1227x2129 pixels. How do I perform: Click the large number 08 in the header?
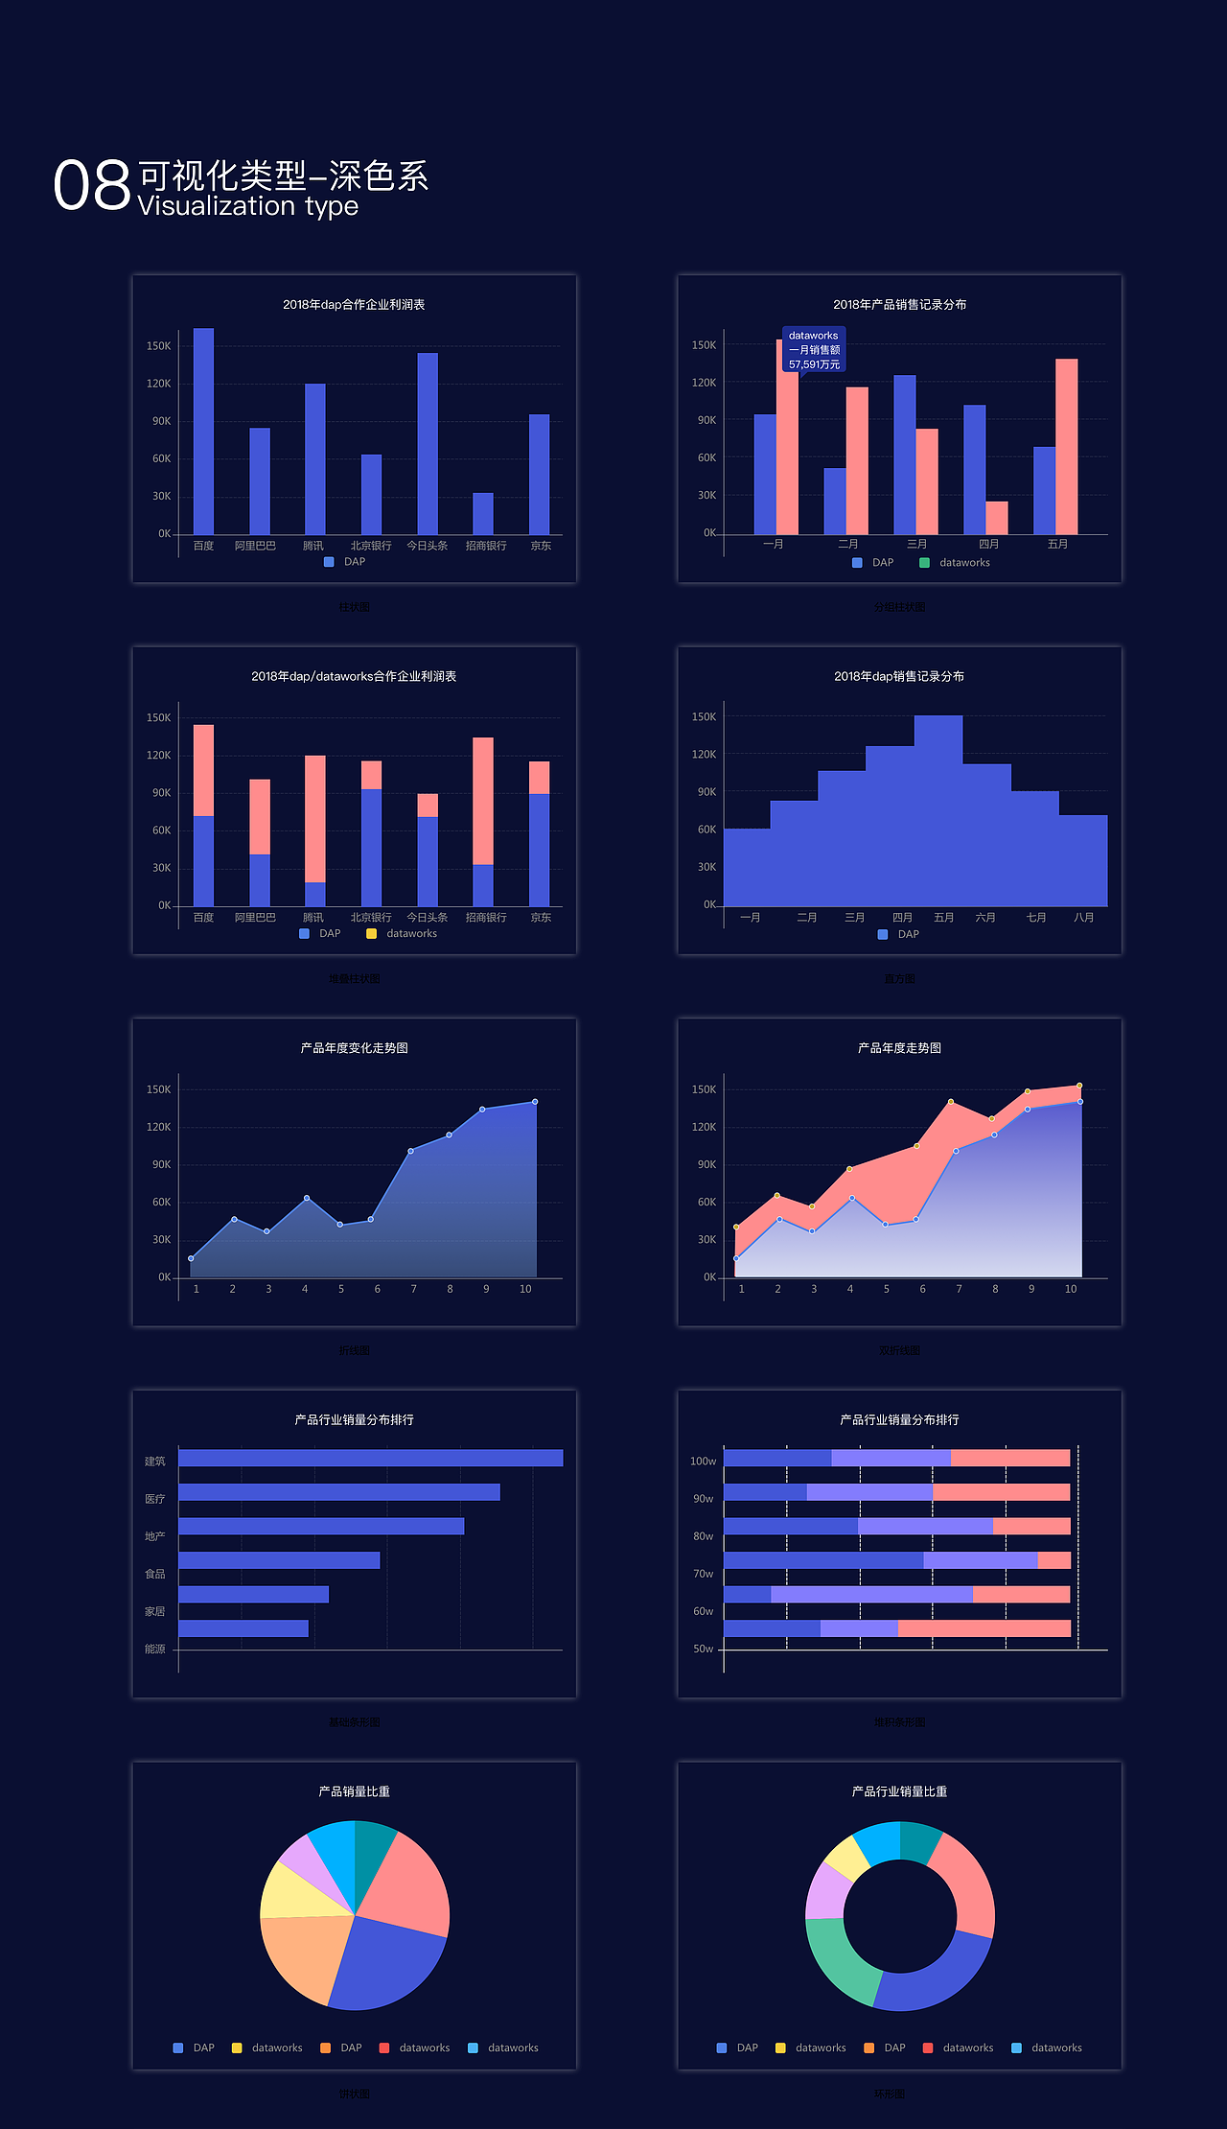[x=92, y=185]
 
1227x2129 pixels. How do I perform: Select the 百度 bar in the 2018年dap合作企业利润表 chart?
[x=203, y=432]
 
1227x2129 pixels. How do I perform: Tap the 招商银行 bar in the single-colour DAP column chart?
[x=483, y=513]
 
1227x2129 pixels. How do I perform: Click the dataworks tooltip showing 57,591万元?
[x=814, y=350]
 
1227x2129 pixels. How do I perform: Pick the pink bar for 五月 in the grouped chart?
[x=1066, y=446]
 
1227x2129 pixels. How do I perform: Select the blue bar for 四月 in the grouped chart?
[x=974, y=469]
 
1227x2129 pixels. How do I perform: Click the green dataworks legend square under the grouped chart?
[x=924, y=563]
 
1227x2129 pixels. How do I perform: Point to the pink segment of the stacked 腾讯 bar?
[x=315, y=818]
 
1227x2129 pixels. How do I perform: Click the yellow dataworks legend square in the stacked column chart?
[x=371, y=934]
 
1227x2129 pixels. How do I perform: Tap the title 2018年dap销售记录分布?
[x=899, y=676]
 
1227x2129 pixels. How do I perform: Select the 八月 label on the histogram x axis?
[x=1083, y=918]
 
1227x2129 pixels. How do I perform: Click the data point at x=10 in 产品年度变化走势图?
[x=535, y=1102]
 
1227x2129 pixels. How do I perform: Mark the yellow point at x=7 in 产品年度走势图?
[x=951, y=1102]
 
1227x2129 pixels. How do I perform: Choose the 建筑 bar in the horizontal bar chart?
[x=370, y=1458]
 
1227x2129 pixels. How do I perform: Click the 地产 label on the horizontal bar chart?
[x=154, y=1536]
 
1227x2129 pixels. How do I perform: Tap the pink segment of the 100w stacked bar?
[x=1009, y=1458]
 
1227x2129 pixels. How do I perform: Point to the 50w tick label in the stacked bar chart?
[x=703, y=1649]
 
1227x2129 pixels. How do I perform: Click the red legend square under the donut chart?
[x=927, y=2047]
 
